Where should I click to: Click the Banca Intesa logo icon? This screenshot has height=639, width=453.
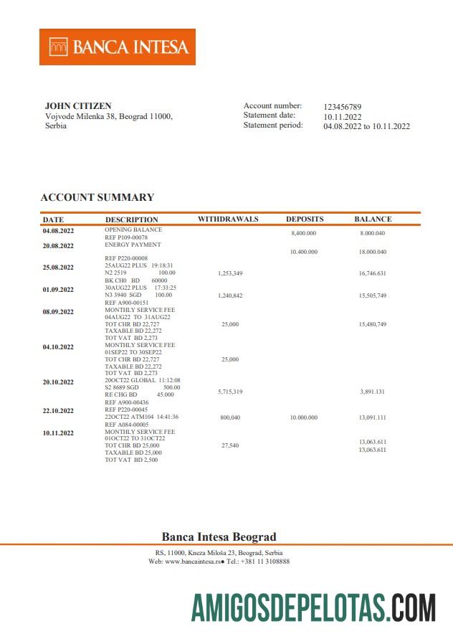(x=59, y=47)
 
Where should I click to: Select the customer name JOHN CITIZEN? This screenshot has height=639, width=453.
(x=78, y=106)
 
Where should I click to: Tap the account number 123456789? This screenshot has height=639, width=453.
(x=343, y=106)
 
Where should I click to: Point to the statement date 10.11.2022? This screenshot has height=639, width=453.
(x=343, y=116)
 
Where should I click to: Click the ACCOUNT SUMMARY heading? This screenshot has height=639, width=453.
(x=97, y=197)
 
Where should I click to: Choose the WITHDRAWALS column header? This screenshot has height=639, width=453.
(x=228, y=219)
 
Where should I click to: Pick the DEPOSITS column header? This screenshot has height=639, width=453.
(x=305, y=219)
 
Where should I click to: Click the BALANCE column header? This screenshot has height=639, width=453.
(x=373, y=219)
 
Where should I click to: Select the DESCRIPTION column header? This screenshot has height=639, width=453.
(x=132, y=219)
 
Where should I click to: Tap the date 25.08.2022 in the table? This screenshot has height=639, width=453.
(x=58, y=268)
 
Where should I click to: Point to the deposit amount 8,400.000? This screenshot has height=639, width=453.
(x=304, y=234)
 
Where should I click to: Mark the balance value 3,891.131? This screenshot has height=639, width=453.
(x=373, y=392)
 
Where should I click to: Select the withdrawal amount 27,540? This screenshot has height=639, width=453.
(x=229, y=445)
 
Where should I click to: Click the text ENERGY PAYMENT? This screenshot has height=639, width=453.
(x=133, y=245)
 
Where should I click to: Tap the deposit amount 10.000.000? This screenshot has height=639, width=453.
(x=304, y=417)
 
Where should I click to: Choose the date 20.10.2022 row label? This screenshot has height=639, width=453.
(x=58, y=382)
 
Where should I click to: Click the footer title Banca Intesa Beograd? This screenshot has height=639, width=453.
(x=219, y=536)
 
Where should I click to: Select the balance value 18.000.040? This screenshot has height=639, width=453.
(x=373, y=252)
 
